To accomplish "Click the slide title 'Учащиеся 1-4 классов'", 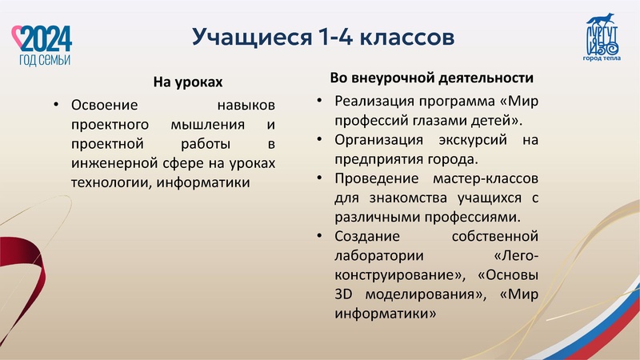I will coord(323,37).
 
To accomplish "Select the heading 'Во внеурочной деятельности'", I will coord(432,78).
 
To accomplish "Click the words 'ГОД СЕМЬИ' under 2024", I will coord(45,60).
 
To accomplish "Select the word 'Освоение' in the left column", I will coord(105,106).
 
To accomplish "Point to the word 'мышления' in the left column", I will coord(207,125).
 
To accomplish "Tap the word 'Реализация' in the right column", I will coord(372,102).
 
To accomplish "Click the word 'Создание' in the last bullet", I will coord(364,237).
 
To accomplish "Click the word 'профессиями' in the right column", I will coord(477,216).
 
